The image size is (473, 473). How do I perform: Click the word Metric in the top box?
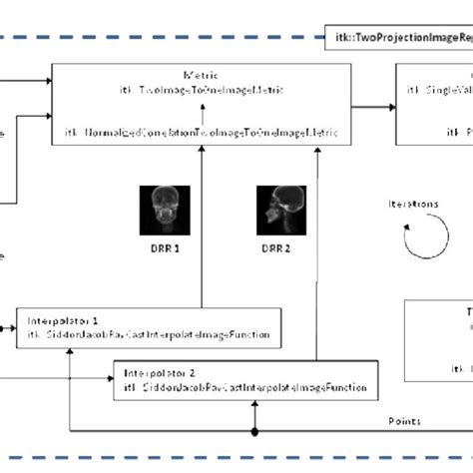pyautogui.click(x=200, y=74)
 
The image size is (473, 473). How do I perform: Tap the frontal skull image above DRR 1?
pyautogui.click(x=157, y=207)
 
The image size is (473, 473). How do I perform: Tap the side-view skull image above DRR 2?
pyautogui.click(x=275, y=207)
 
